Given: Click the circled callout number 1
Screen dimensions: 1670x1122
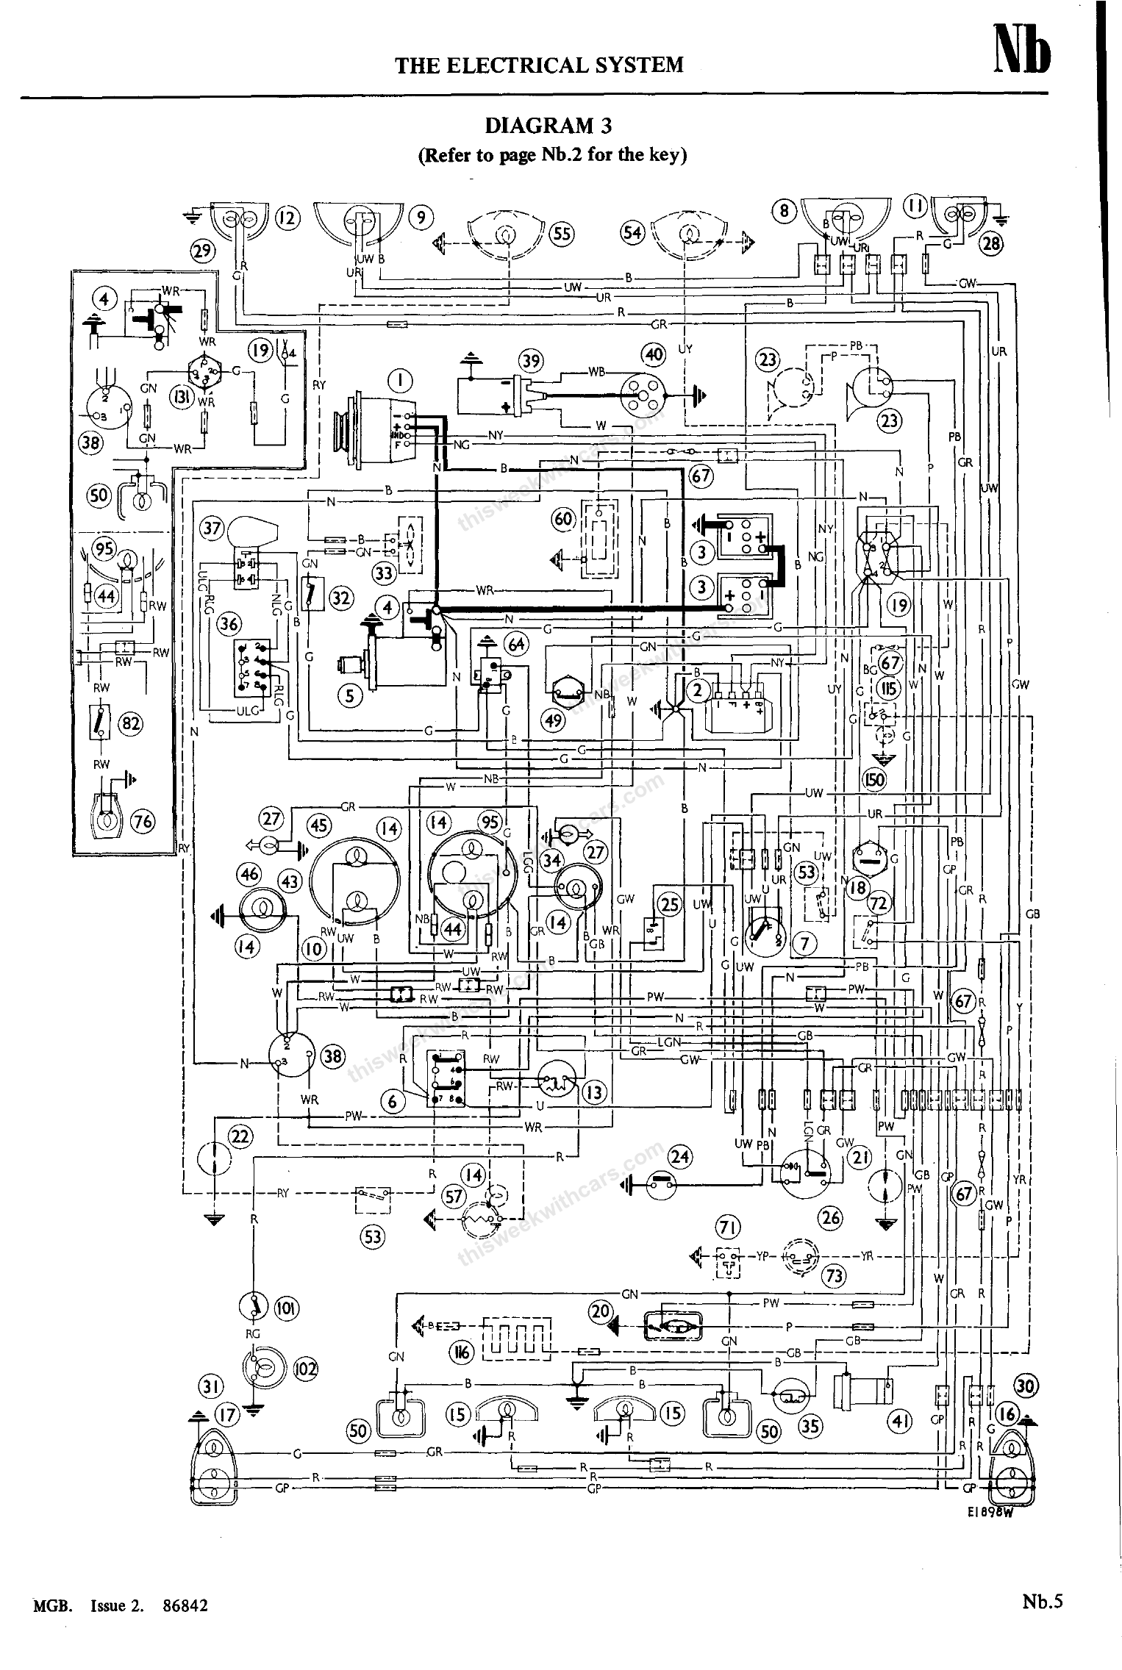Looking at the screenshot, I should pos(400,380).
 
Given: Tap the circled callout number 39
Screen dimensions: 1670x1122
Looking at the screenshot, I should pos(532,362).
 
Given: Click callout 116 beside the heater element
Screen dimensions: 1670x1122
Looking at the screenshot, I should pos(461,1351).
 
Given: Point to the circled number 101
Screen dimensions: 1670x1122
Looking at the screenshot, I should pos(286,1308).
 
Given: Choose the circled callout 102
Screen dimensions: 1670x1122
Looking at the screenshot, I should pos(305,1369).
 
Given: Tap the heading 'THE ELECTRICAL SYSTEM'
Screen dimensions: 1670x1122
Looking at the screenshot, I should pos(539,65).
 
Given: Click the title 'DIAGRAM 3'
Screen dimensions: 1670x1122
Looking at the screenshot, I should pos(548,126).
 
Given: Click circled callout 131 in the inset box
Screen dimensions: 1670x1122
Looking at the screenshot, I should pos(181,397).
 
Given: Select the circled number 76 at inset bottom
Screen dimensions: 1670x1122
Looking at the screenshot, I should pos(143,820).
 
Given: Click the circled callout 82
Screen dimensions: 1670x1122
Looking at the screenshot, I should pos(132,724).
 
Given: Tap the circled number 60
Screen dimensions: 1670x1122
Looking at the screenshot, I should pos(564,519).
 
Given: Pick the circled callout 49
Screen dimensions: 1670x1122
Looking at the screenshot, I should pos(554,720).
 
